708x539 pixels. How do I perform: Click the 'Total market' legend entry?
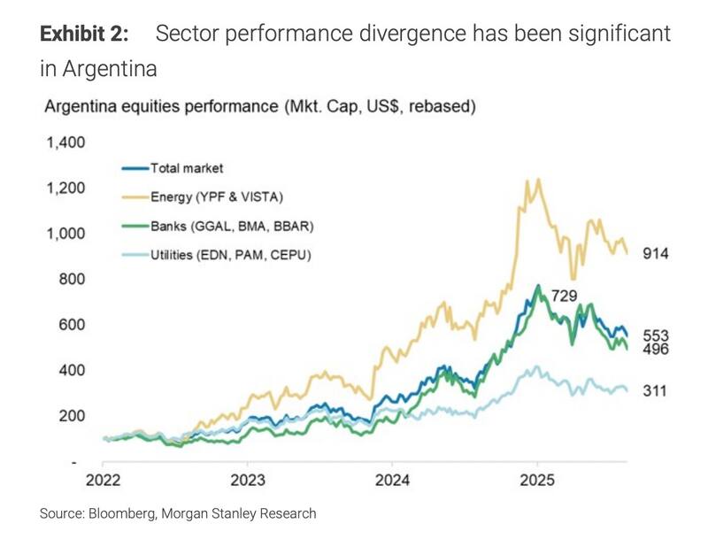(x=187, y=167)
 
